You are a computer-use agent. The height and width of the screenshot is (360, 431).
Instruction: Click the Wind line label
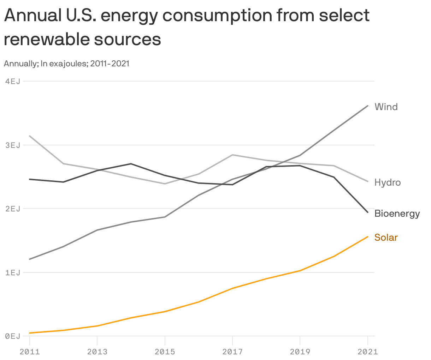coord(386,107)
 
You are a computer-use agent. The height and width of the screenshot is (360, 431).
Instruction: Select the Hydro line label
coord(387,182)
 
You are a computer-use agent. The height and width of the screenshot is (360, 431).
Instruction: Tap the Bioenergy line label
coord(397,214)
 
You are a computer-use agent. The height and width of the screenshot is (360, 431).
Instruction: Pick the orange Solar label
coord(386,238)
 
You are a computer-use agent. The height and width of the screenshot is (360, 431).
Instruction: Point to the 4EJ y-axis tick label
coord(13,82)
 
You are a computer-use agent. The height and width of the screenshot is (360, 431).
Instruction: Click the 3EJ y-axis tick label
coord(13,145)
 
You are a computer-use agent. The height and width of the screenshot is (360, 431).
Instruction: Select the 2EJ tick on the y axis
coord(13,209)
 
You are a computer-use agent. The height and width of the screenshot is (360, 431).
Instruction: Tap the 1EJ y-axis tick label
coord(13,272)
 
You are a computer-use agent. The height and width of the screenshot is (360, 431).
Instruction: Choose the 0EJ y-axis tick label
coord(13,336)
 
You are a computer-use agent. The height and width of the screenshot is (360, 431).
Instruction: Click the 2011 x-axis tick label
coord(30,352)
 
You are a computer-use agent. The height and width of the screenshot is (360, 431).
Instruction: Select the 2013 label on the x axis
coord(97,352)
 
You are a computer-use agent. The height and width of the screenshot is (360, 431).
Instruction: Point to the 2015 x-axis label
coord(165,352)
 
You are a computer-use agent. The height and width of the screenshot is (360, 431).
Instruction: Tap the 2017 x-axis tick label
coord(232,352)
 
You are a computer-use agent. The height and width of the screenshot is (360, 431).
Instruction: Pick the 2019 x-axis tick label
coord(300,352)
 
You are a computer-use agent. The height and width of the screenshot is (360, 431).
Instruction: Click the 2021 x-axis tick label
coord(367,352)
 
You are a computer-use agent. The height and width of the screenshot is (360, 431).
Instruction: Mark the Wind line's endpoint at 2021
coord(368,106)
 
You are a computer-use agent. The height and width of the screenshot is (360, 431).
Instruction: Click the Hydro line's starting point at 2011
coord(30,136)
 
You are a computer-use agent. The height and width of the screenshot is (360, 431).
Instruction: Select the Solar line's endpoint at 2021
coord(368,236)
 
